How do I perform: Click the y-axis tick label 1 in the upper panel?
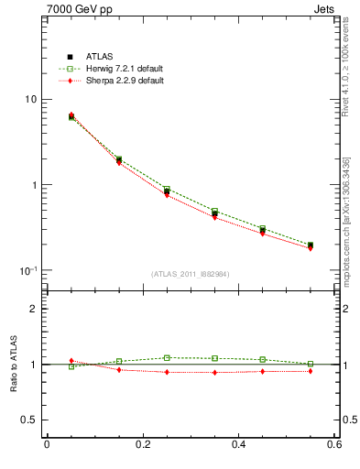pos(34,185)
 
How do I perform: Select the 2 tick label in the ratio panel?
pos(34,309)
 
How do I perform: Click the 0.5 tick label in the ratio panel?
pos(30,420)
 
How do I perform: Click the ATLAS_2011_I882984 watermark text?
pos(191,274)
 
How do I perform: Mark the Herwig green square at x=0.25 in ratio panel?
pos(167,358)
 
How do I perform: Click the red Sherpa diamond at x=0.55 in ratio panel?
pos(311,371)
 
